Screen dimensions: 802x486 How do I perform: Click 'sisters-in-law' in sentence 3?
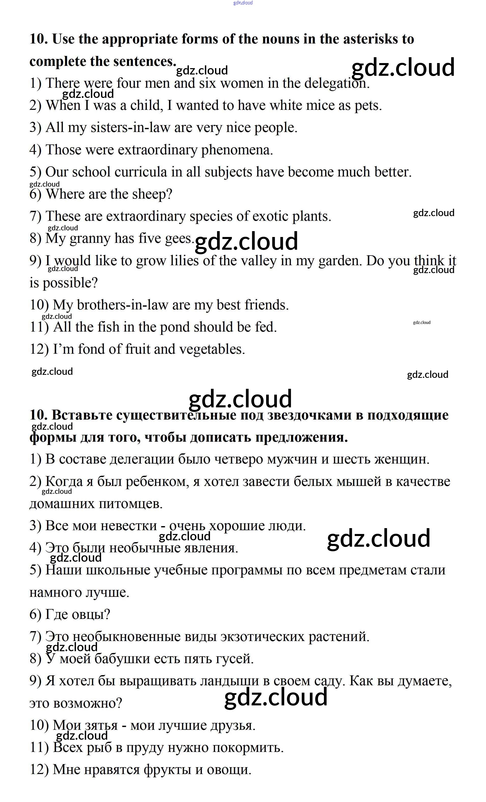(x=130, y=128)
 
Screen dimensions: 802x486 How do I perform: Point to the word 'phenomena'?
(x=237, y=150)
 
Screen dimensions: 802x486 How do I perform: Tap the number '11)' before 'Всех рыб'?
(x=39, y=748)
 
